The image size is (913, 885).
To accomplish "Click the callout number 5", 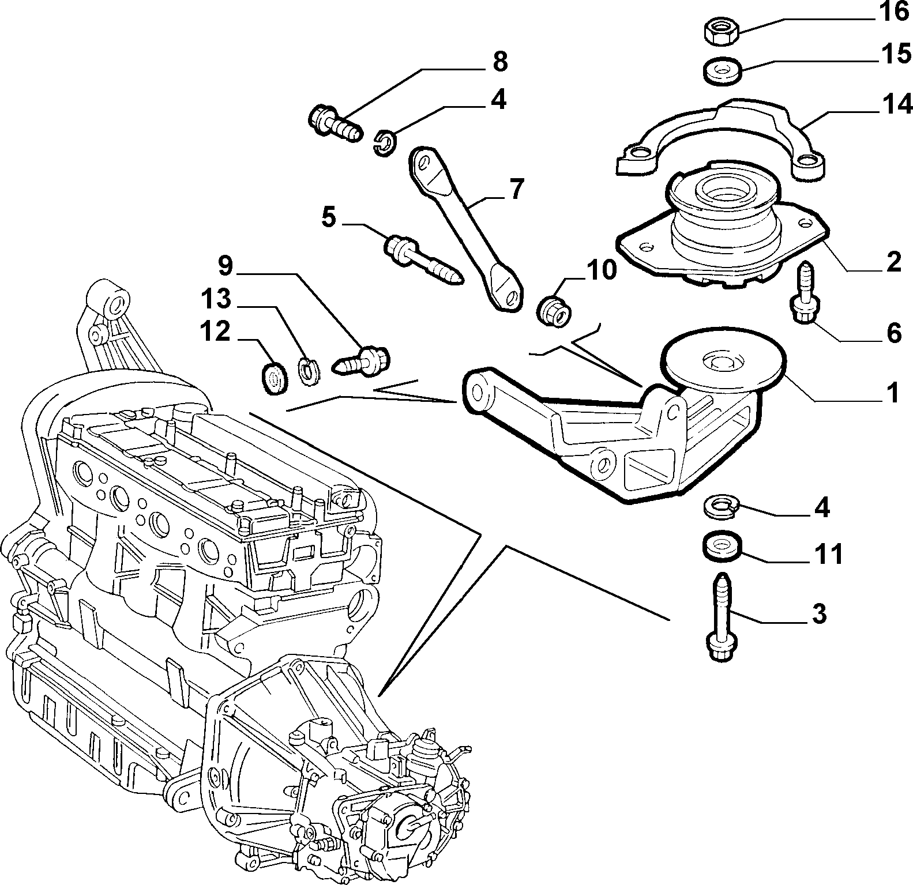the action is pos(328,219).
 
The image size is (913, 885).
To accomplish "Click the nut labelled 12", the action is pos(275,379).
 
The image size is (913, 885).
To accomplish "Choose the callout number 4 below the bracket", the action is pos(822,508).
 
